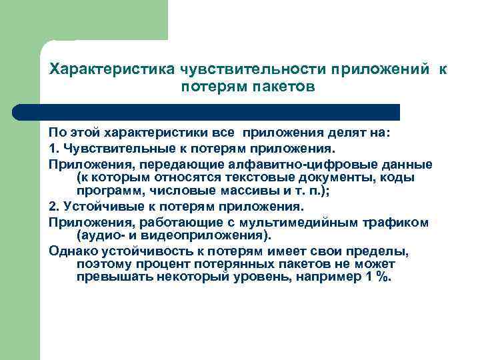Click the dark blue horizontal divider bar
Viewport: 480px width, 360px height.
click(207, 112)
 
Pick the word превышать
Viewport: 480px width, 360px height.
click(114, 277)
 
